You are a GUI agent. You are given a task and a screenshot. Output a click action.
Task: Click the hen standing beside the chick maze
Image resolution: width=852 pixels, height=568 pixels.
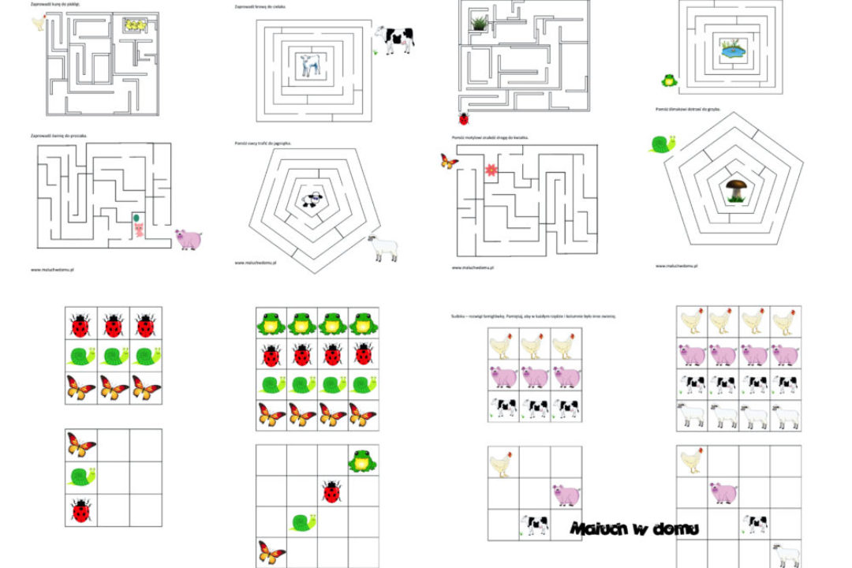pos(37,23)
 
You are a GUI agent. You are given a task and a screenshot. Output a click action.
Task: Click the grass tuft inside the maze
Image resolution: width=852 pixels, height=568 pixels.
pos(479,24)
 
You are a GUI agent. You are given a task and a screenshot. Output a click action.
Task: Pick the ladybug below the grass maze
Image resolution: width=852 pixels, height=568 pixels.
pos(464,118)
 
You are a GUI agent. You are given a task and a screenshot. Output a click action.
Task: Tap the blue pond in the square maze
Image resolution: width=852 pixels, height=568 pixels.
pos(733,51)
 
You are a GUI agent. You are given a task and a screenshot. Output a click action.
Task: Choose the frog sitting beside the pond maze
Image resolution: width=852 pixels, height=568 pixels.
pos(669,79)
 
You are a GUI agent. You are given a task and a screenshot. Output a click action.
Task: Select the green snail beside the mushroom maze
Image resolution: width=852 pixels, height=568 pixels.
pos(662,144)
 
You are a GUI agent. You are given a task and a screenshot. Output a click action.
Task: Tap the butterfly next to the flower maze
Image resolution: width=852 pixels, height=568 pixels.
pos(449,162)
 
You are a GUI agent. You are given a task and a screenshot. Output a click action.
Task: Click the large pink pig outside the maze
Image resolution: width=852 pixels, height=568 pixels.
pos(189,239)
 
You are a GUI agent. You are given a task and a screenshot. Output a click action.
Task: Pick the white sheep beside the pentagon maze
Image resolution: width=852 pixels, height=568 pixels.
pos(384,248)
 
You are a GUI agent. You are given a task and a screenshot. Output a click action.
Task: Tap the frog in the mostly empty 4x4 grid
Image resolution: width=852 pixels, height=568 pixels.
pos(363,460)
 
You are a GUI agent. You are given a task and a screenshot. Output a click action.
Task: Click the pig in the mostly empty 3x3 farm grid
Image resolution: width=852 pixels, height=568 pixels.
pos(566,495)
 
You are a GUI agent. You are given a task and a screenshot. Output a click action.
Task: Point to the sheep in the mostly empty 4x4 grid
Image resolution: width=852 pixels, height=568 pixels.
pos(784,555)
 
